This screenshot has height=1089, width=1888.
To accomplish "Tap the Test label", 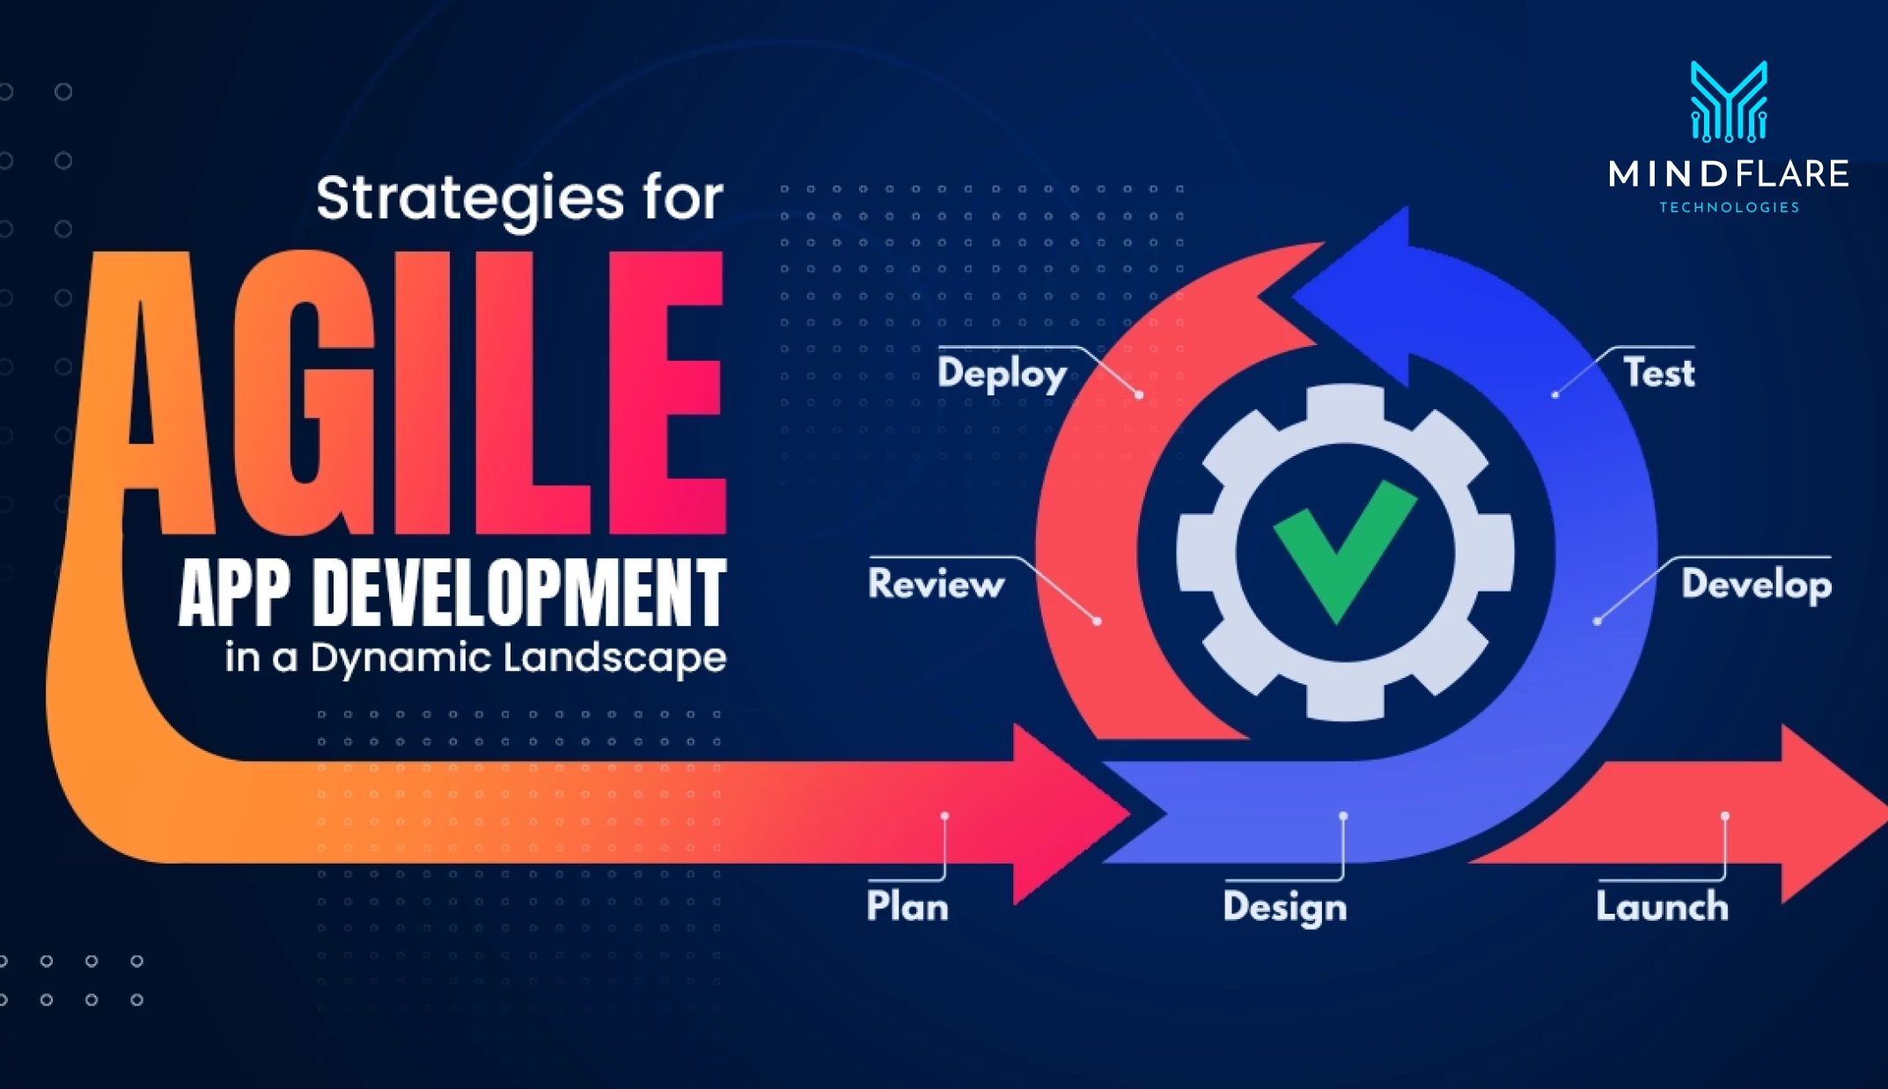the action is [x=1658, y=372].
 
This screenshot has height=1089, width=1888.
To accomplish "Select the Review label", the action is [x=936, y=584].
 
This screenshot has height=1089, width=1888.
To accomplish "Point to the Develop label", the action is [x=1756, y=585].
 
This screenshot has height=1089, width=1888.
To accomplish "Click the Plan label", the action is [x=907, y=906].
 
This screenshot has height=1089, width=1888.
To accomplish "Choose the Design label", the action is [x=1285, y=908].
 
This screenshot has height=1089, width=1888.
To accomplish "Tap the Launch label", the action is [x=1662, y=906].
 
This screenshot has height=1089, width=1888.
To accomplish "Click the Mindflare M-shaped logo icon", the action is [x=1729, y=101].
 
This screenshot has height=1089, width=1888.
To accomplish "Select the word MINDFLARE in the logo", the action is [x=1729, y=173].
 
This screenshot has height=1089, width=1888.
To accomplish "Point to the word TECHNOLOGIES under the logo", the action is [x=1729, y=208].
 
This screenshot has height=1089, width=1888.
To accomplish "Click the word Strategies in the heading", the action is [x=469, y=200].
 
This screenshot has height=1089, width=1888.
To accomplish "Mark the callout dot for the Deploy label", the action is [x=1139, y=394].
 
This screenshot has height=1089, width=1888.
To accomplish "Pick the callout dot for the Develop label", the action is [x=1597, y=622].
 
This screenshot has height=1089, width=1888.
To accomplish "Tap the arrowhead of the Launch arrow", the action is [x=1831, y=814].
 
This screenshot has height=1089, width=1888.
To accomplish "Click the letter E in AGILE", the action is [x=667, y=393].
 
